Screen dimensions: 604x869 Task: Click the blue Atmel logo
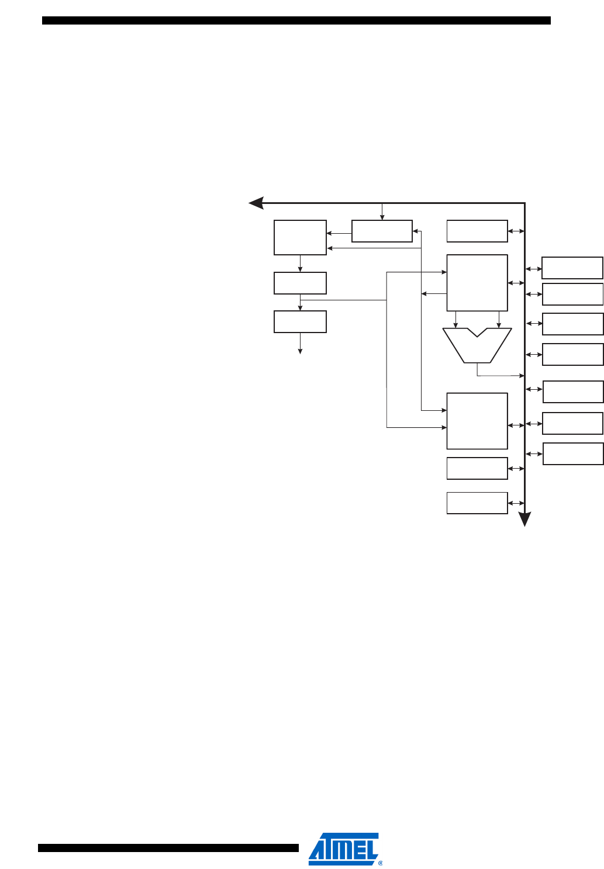click(x=343, y=848)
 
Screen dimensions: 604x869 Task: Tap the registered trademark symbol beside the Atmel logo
click(x=381, y=862)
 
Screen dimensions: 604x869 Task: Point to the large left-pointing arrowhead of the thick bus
click(x=256, y=203)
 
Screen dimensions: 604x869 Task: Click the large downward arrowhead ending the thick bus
click(x=525, y=519)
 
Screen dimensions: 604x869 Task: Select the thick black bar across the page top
click(x=296, y=20)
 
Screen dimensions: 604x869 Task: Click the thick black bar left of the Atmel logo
click(x=168, y=848)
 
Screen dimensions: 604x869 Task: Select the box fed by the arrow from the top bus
click(x=382, y=231)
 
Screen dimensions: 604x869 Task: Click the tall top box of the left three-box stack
click(x=300, y=237)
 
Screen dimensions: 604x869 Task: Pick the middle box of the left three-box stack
click(x=300, y=283)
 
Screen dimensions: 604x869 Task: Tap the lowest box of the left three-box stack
click(x=300, y=321)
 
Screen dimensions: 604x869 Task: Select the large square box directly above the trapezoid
click(x=477, y=283)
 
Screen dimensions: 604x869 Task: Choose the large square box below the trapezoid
click(x=477, y=421)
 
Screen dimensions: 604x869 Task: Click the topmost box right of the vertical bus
click(x=572, y=268)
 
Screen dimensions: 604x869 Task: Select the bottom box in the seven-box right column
click(x=573, y=453)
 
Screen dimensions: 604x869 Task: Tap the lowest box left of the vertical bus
click(x=477, y=503)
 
